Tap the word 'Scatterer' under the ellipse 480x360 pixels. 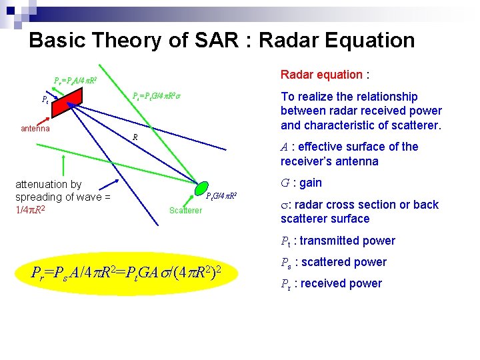point(185,211)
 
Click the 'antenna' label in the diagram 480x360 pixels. point(33,128)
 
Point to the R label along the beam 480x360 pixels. point(135,137)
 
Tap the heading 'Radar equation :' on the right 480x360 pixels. point(325,74)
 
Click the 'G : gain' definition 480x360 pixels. point(301,183)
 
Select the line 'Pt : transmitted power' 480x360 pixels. point(337,241)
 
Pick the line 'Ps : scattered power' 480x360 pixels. point(333,262)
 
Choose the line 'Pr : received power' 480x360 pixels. point(331,283)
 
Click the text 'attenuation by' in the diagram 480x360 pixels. point(48,184)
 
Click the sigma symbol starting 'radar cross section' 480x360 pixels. point(285,205)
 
